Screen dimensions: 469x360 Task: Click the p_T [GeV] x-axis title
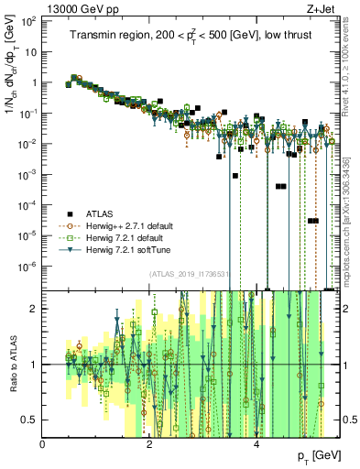(x=314, y=455)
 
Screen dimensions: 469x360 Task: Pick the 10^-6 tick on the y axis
(x=28, y=267)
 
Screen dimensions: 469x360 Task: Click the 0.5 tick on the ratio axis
(x=30, y=420)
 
